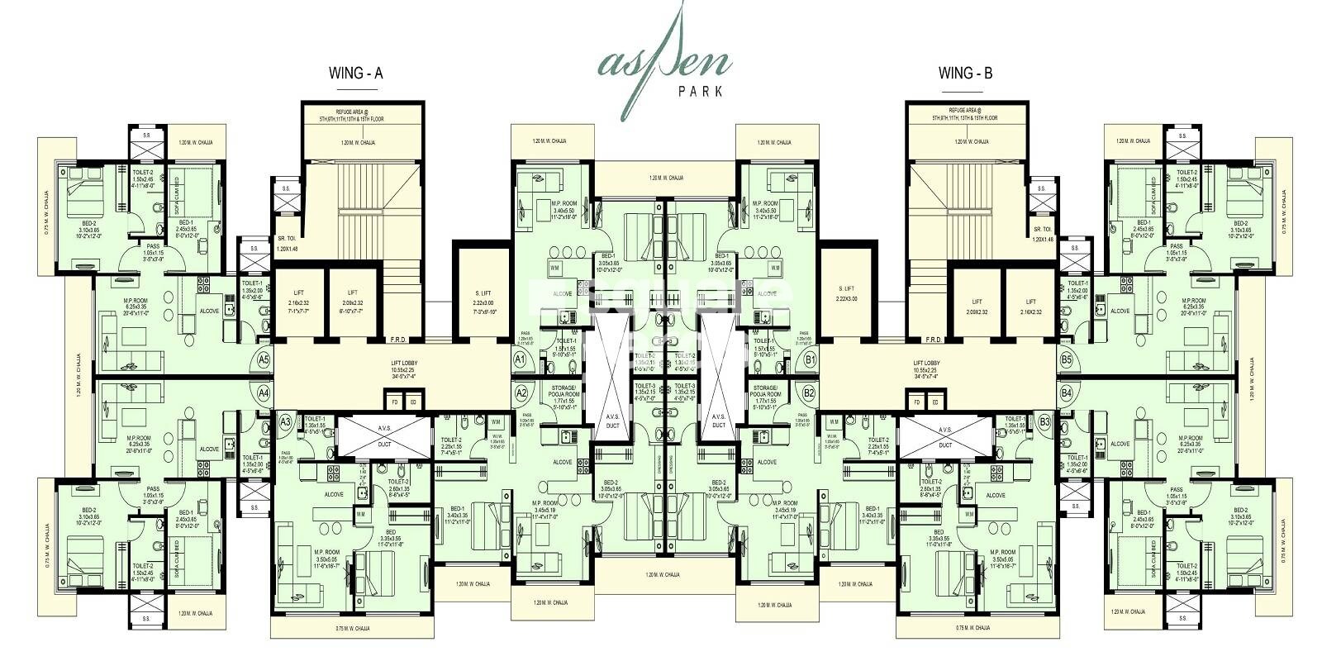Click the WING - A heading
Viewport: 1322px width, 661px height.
click(x=356, y=74)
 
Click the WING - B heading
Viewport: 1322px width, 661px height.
click(x=965, y=74)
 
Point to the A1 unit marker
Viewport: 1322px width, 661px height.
click(x=520, y=360)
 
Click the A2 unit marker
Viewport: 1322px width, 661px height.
click(x=521, y=393)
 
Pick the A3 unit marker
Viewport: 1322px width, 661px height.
click(x=285, y=421)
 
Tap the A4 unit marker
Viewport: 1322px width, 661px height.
click(x=264, y=393)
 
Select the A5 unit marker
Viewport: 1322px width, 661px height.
click(x=264, y=360)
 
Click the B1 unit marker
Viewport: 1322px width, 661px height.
click(x=810, y=360)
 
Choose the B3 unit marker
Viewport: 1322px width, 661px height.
click(x=1044, y=421)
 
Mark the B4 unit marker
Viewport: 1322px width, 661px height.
click(x=1066, y=393)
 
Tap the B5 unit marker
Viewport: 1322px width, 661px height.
click(x=1066, y=360)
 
